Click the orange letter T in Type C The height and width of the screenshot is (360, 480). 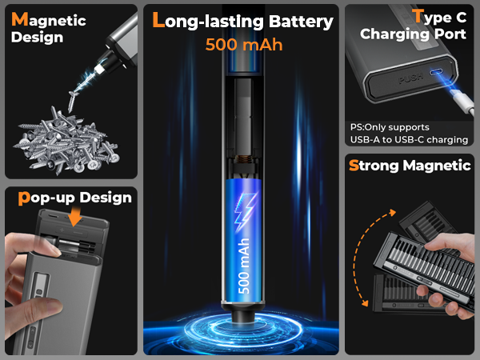418,16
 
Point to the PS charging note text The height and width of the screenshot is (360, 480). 408,134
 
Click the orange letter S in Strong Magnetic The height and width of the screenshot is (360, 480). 354,166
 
